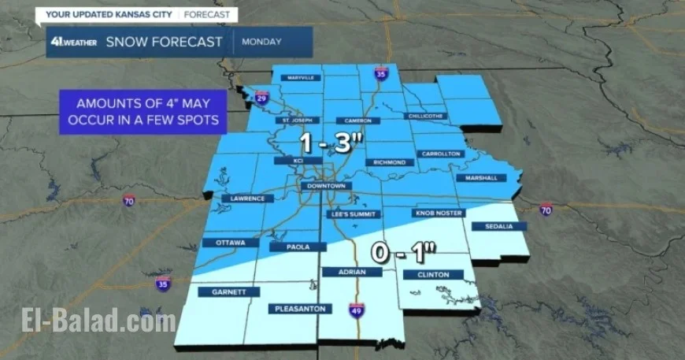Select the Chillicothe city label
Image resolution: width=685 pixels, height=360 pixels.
[x=425, y=116]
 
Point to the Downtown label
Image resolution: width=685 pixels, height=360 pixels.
[x=327, y=186]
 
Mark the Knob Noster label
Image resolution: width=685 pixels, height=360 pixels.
[x=434, y=213]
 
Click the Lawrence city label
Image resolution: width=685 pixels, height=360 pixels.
[x=243, y=199]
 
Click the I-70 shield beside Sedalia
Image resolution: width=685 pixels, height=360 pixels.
[x=546, y=209]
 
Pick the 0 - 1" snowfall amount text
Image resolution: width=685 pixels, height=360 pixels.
[x=404, y=254]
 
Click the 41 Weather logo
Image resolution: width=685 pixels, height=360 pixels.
[x=72, y=42]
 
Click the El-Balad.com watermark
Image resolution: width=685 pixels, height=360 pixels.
[x=98, y=321]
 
